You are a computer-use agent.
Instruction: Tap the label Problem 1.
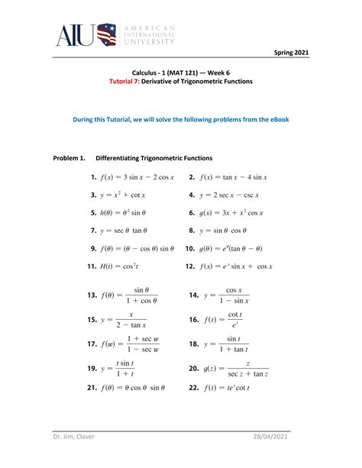tap(68, 158)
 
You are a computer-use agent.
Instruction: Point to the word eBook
tap(275, 120)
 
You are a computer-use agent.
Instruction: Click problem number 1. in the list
tap(94, 177)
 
